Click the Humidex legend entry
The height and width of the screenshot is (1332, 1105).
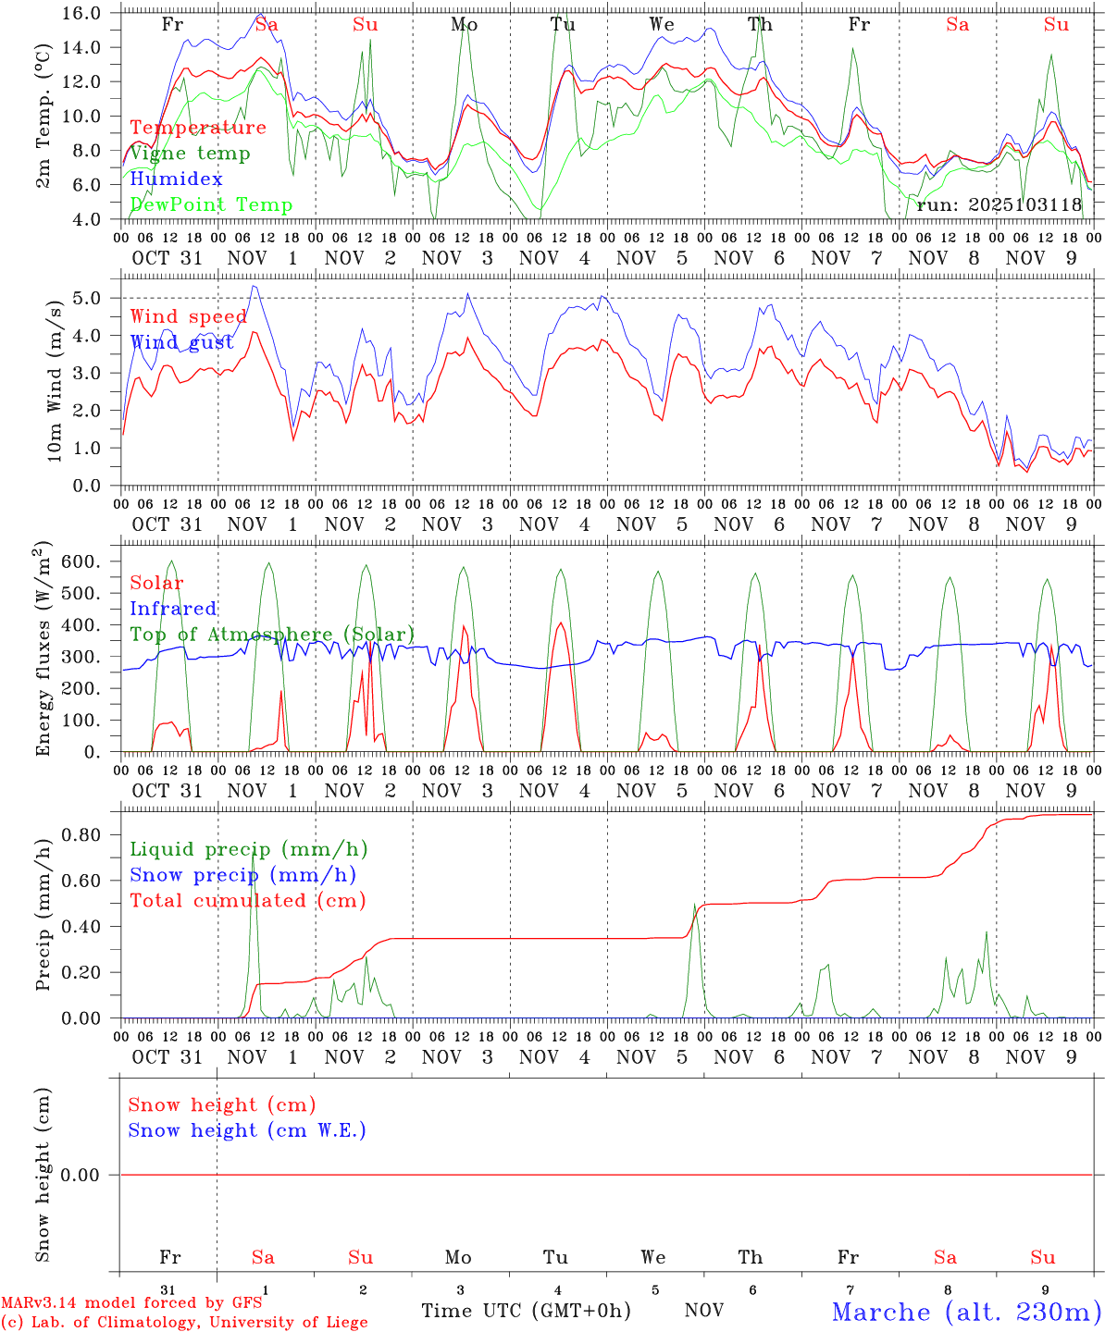tap(177, 179)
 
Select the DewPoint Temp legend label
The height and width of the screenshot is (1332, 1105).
tap(211, 205)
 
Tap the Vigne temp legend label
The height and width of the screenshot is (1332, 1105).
tap(190, 154)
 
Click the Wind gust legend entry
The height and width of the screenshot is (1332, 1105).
tap(181, 343)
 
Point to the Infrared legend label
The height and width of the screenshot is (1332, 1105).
tap(173, 609)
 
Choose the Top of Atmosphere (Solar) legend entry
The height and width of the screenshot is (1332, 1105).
tap(272, 635)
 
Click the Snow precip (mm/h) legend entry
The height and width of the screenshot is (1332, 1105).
tap(242, 875)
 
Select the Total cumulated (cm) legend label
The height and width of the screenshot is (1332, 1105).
tap(247, 901)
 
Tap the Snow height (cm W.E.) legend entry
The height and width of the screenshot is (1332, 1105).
tap(247, 1130)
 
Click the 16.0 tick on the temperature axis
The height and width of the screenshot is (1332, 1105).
tap(81, 14)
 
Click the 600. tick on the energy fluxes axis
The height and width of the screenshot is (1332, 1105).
tap(81, 562)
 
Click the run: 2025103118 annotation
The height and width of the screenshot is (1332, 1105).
tap(999, 205)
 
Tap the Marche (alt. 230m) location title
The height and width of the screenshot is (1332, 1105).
tap(966, 1312)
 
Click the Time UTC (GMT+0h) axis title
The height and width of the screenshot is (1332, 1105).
tap(526, 1311)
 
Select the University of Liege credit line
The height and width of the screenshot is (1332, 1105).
tap(185, 1323)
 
